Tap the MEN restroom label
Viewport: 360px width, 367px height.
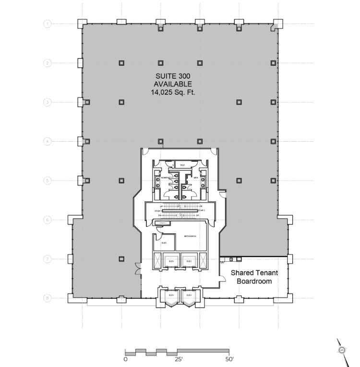click(x=195, y=178)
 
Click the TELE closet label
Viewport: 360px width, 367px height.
click(x=182, y=165)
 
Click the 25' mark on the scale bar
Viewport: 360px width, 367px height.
click(x=177, y=358)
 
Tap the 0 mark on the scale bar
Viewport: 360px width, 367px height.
click(x=125, y=358)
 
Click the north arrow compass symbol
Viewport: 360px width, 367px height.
click(x=342, y=350)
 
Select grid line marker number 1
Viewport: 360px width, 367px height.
click(x=48, y=23)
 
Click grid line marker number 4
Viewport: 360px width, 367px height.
click(x=48, y=141)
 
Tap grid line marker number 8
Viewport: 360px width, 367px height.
click(x=48, y=298)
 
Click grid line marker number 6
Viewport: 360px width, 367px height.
click(x=48, y=220)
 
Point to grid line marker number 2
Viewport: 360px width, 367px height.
click(x=48, y=62)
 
